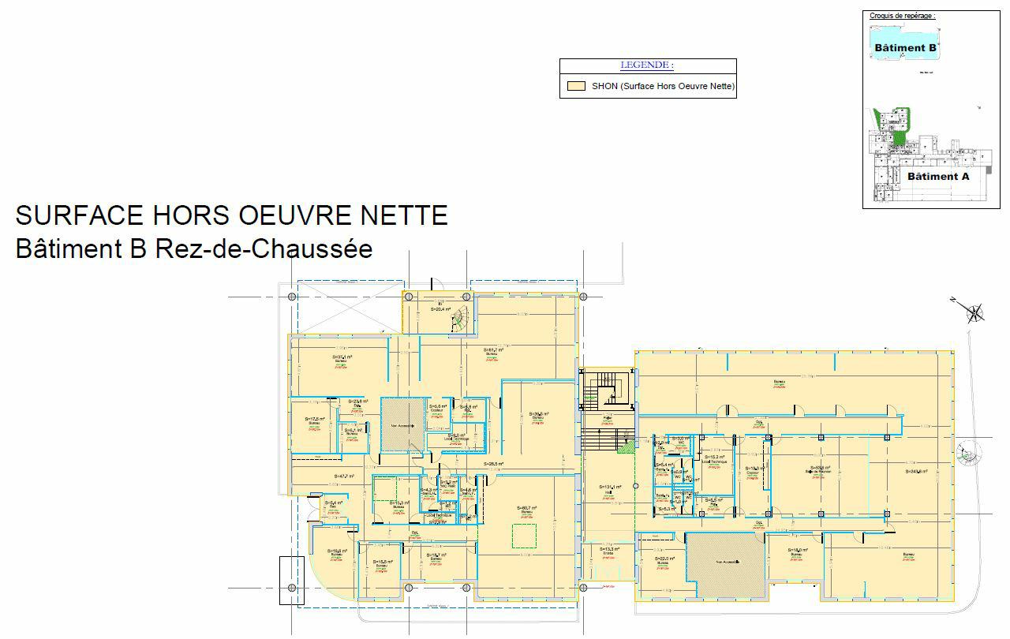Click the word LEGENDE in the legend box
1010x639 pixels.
[x=647, y=65]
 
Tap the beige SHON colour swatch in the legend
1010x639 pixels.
[x=576, y=86]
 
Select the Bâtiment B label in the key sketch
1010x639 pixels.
[x=906, y=48]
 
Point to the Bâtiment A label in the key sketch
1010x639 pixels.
[x=937, y=177]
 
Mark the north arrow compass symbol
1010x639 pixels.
[x=975, y=313]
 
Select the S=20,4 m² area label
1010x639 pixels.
[x=440, y=310]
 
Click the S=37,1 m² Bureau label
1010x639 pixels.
[x=342, y=357]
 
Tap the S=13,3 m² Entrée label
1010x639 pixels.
[x=609, y=549]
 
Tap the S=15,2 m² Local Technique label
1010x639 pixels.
[x=715, y=458]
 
